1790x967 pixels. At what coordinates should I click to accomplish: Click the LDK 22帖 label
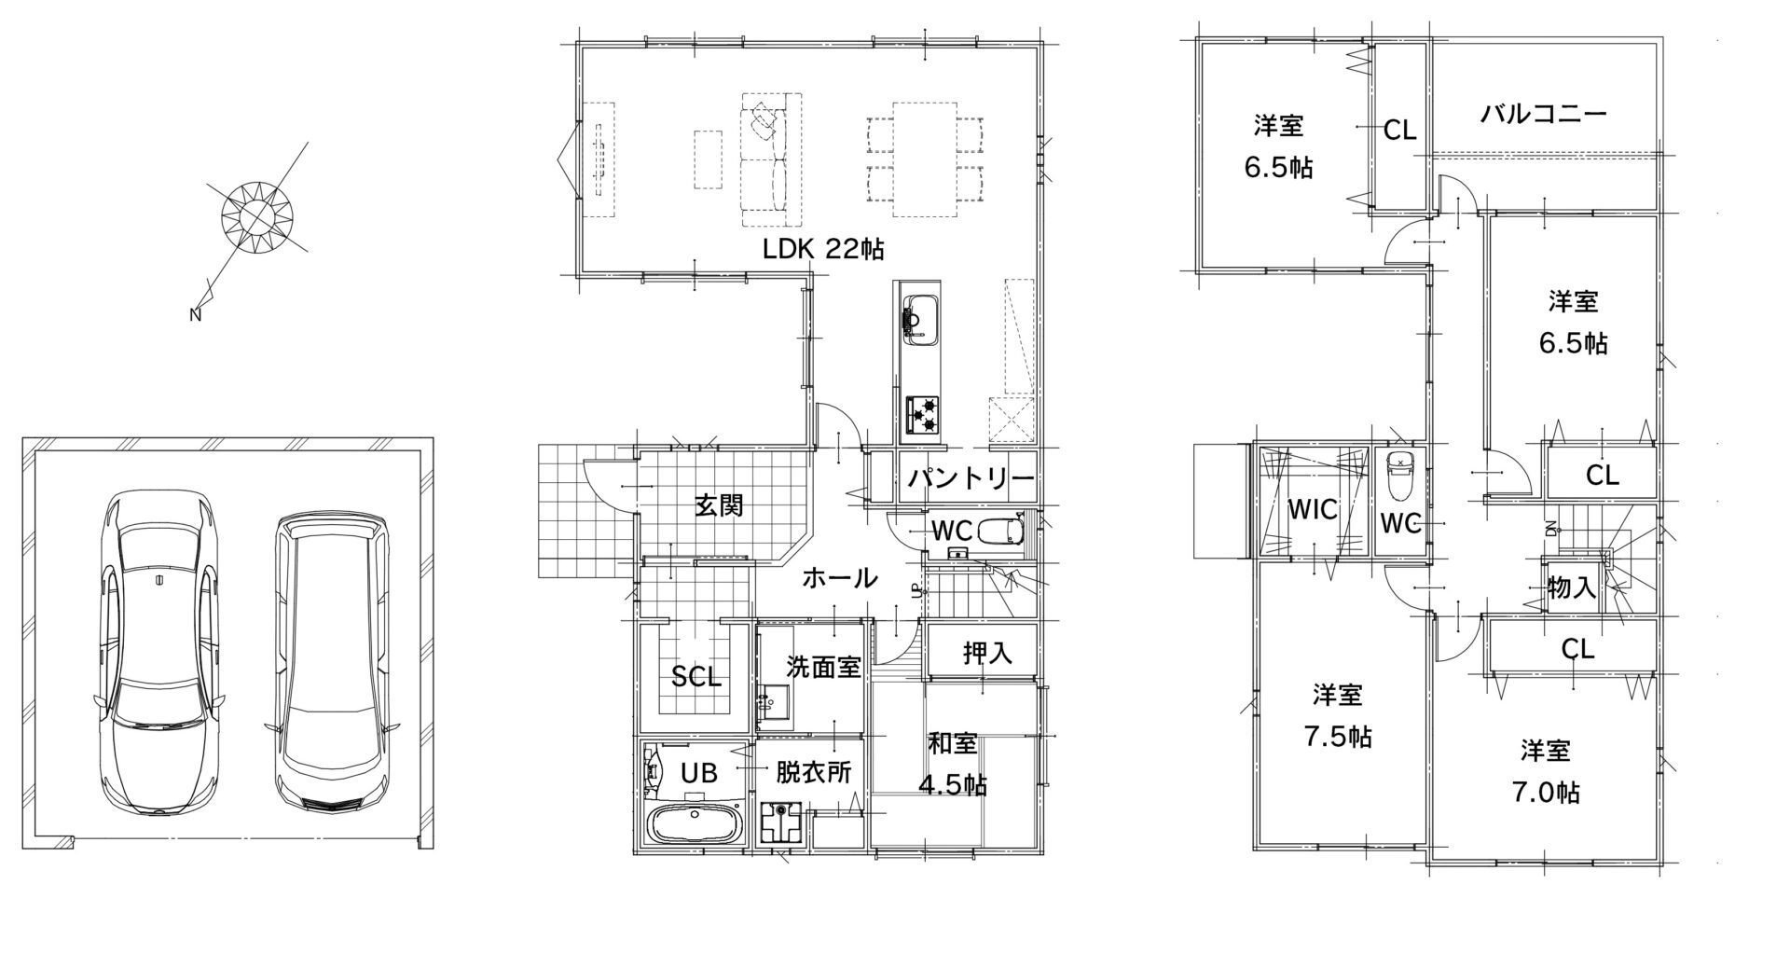click(823, 249)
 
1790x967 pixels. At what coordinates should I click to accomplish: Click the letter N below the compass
click(196, 315)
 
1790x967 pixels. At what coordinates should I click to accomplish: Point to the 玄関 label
click(718, 505)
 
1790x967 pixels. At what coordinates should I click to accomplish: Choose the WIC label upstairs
click(1313, 510)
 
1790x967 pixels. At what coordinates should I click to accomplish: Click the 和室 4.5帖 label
click(953, 765)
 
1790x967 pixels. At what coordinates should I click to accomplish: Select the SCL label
click(696, 678)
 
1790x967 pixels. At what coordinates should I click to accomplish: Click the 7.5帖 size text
click(1338, 737)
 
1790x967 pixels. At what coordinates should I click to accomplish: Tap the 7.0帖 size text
click(1545, 793)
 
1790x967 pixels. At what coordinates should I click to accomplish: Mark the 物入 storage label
click(1572, 587)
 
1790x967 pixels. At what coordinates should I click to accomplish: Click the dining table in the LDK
click(924, 159)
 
